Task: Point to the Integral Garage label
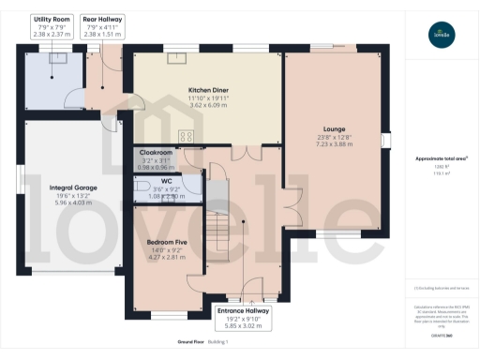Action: [71, 187]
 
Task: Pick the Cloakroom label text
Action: [156, 152]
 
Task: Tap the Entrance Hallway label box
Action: [243, 315]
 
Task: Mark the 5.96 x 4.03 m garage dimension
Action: [71, 202]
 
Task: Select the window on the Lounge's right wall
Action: [384, 140]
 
